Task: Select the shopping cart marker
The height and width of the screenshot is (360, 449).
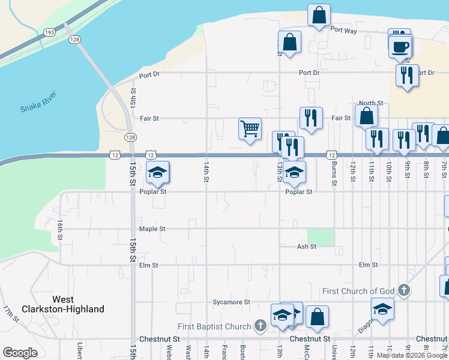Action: (x=250, y=129)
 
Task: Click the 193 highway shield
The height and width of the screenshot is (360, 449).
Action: (x=50, y=32)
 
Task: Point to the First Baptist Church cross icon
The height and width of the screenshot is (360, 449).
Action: (x=260, y=326)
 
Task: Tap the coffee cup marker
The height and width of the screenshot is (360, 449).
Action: (x=400, y=46)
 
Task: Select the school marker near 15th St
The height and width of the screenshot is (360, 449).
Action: (x=157, y=173)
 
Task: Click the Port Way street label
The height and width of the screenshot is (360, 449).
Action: (x=343, y=30)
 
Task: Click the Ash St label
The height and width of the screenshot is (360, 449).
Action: (x=306, y=247)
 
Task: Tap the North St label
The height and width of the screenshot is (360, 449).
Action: (x=371, y=103)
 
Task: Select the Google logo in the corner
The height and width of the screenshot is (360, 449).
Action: (x=20, y=352)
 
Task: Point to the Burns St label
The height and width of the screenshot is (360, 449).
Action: (x=334, y=172)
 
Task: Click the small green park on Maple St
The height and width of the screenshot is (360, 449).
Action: (x=320, y=237)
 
